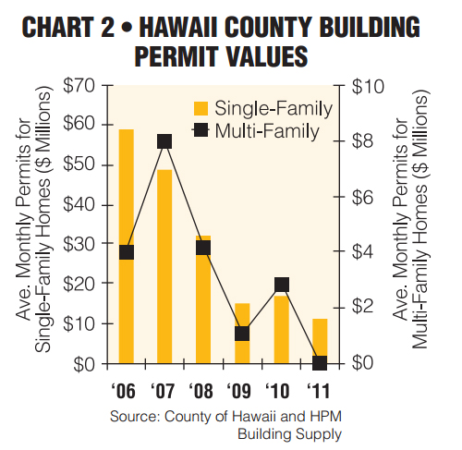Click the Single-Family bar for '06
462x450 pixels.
tap(127, 247)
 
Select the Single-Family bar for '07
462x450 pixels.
tap(164, 266)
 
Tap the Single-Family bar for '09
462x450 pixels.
tap(242, 334)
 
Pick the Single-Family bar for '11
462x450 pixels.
tap(320, 341)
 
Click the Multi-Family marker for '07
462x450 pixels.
tap(164, 141)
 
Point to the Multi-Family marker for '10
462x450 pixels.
tap(282, 285)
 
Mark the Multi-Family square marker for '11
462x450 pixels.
tap(320, 363)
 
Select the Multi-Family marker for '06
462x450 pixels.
tap(127, 252)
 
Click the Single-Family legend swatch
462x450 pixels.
tap(201, 109)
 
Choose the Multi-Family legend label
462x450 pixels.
tap(267, 131)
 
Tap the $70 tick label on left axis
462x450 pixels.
tap(79, 85)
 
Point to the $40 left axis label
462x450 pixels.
tap(79, 204)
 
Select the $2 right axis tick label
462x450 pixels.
tap(363, 307)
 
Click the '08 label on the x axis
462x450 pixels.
tap(201, 391)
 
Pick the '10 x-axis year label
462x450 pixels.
tap(277, 391)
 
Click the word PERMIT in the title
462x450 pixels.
tap(176, 56)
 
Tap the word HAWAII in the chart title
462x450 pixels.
tap(179, 27)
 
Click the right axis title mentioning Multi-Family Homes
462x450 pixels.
tap(410, 219)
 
